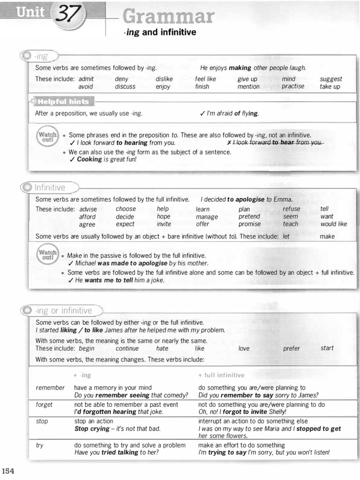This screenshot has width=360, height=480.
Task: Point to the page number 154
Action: pos(9,471)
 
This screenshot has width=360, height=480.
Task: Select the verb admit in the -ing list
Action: pos(86,79)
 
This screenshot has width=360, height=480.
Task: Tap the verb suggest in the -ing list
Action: pos(331,79)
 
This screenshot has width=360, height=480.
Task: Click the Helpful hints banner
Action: pos(62,101)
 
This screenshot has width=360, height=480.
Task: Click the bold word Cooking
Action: pos(89,159)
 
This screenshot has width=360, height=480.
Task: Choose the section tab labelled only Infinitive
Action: pos(50,187)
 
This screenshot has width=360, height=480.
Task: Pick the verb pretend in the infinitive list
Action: pos(249,217)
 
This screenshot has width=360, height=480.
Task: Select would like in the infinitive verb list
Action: pos(334,224)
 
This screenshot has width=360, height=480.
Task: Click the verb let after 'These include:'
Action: pos(286,237)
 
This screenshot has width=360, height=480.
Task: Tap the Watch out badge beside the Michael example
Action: pos(47,255)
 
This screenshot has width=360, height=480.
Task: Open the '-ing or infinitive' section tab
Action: pos(63,310)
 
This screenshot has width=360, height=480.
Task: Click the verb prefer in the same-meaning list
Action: pos(291,349)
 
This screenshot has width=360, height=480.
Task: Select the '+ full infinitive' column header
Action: pos(221,375)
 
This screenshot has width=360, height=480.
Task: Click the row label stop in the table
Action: pos(42,421)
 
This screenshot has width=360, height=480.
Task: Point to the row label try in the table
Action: pos(39,445)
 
